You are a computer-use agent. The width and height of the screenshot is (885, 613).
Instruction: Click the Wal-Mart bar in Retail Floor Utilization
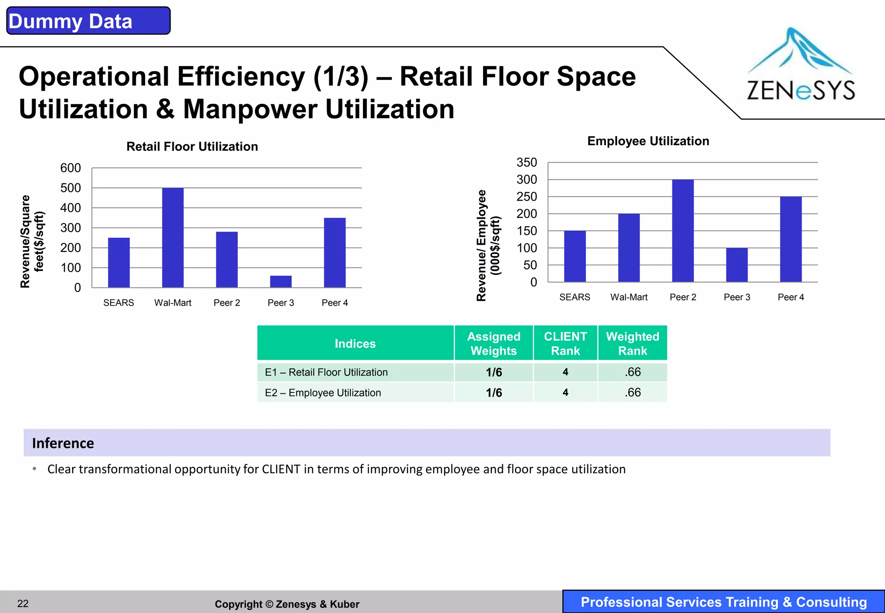click(x=173, y=238)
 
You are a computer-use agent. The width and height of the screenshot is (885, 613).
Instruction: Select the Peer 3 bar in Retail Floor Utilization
click(x=281, y=281)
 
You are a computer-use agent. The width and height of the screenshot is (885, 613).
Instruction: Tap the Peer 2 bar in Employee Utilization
click(x=683, y=231)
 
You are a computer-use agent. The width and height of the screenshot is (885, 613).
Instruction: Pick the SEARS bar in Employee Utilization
click(x=575, y=256)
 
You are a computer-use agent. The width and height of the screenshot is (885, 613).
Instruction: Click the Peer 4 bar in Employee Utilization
click(x=791, y=239)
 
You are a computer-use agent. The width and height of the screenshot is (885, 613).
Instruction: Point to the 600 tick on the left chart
click(x=70, y=168)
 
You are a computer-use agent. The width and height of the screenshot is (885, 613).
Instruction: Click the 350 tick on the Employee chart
click(x=527, y=163)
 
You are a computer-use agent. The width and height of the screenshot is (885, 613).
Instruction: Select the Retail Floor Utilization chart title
click(x=192, y=147)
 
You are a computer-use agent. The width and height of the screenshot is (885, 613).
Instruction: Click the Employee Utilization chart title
click(x=648, y=141)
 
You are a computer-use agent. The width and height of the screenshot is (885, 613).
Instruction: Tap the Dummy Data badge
click(x=88, y=21)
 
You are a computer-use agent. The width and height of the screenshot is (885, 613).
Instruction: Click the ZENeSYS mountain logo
click(x=800, y=65)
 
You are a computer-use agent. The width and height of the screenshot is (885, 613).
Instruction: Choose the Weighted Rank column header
click(x=633, y=343)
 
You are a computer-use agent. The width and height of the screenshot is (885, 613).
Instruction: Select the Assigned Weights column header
click(x=493, y=343)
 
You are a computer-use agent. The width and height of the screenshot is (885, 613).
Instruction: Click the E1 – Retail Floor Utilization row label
click(x=326, y=372)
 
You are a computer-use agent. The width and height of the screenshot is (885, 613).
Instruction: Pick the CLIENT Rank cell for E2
click(x=565, y=393)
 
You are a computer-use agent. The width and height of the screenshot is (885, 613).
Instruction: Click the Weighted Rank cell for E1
click(x=633, y=372)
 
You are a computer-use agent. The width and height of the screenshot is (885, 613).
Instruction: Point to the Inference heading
click(x=63, y=443)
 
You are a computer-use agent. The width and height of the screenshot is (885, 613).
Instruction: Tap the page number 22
click(x=23, y=603)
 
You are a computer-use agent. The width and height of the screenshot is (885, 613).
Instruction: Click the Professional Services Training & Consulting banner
click(x=723, y=602)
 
